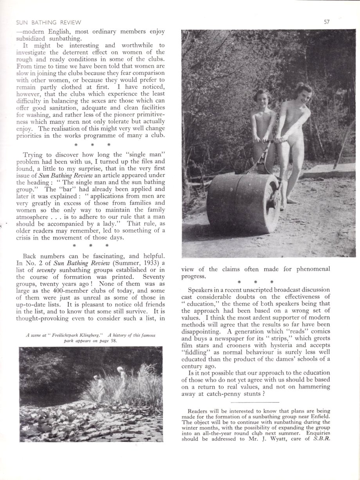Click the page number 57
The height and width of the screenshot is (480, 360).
coord(327,22)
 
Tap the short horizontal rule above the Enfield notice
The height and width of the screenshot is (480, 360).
coord(255,402)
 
